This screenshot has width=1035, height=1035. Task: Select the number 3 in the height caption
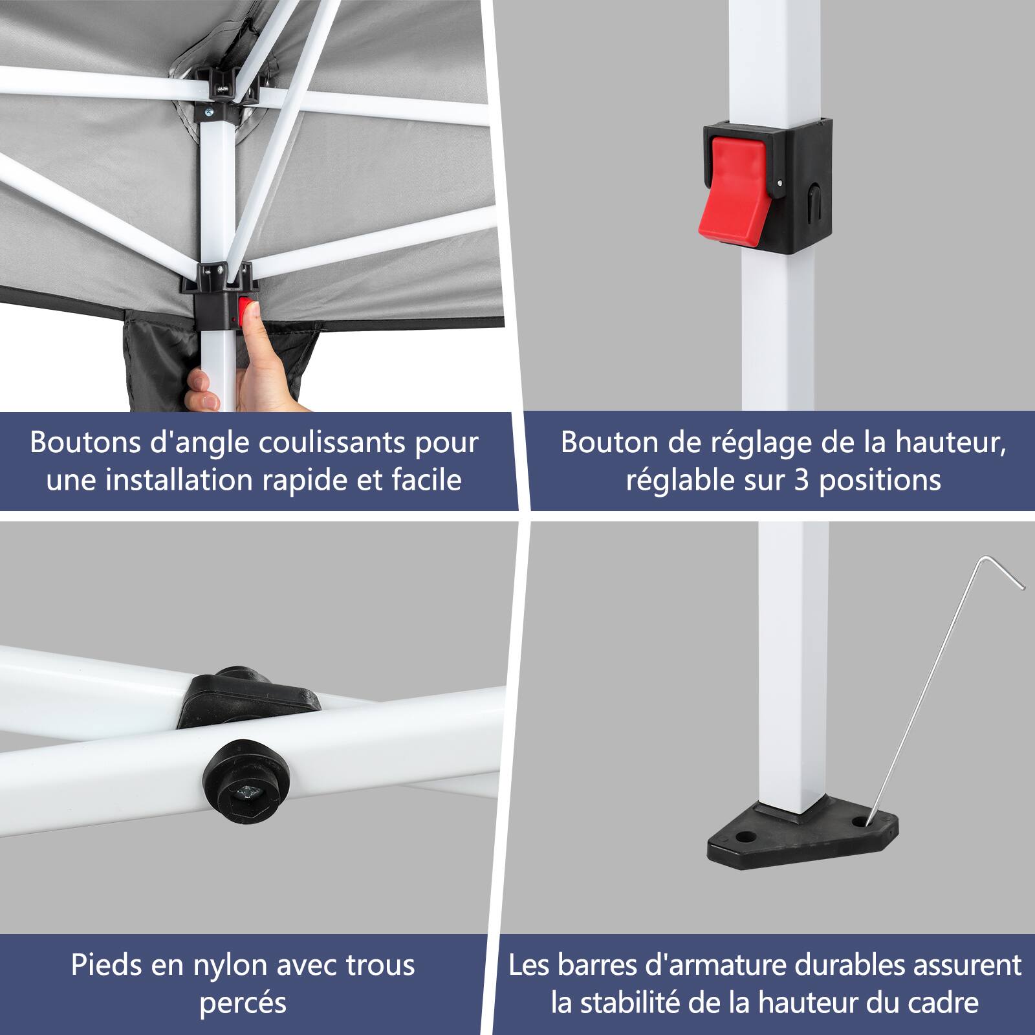(x=801, y=481)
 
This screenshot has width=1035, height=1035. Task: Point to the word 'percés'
(x=243, y=1003)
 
